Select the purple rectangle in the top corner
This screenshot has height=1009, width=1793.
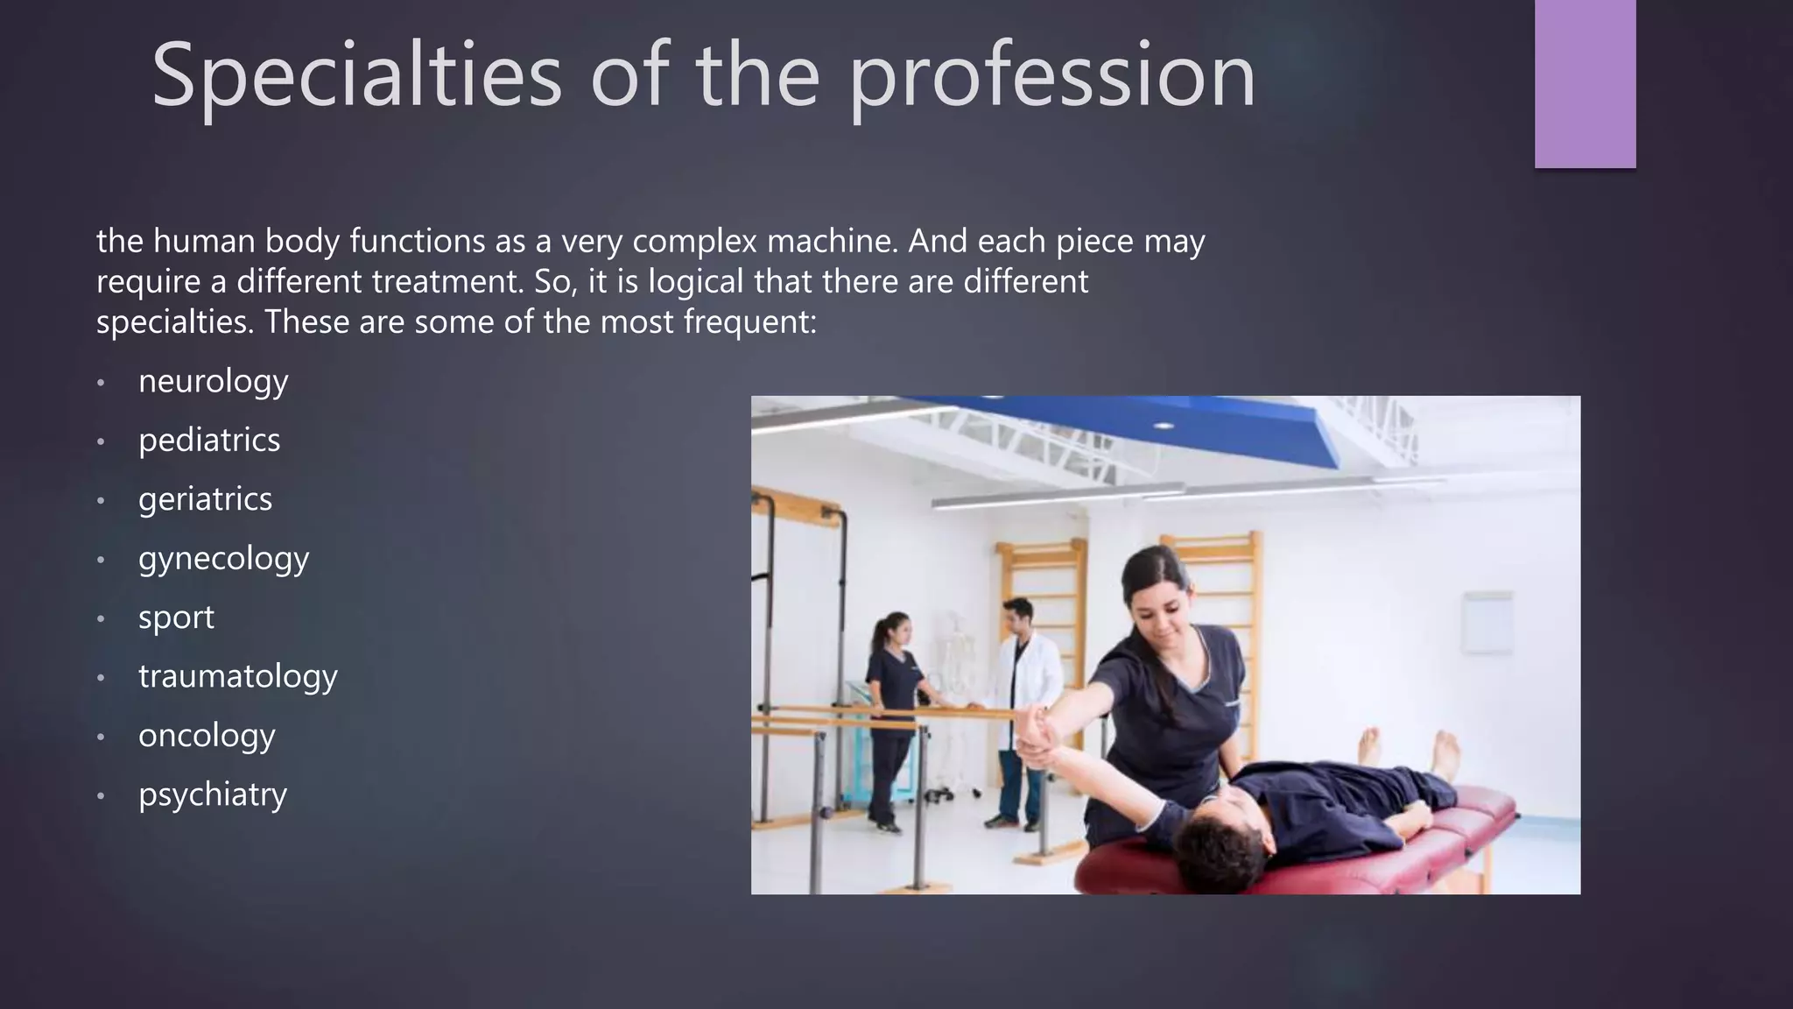[1585, 83]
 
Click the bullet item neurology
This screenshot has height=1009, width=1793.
[213, 381]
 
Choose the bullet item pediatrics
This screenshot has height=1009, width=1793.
[209, 440]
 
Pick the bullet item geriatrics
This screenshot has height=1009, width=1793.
[205, 499]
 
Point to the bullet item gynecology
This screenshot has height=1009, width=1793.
[223, 559]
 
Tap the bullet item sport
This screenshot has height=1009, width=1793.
[176, 617]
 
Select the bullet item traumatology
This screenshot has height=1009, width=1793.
[237, 676]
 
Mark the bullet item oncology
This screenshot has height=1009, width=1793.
[207, 736]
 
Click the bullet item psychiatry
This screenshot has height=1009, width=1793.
[213, 794]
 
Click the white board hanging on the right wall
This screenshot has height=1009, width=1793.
[1486, 622]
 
